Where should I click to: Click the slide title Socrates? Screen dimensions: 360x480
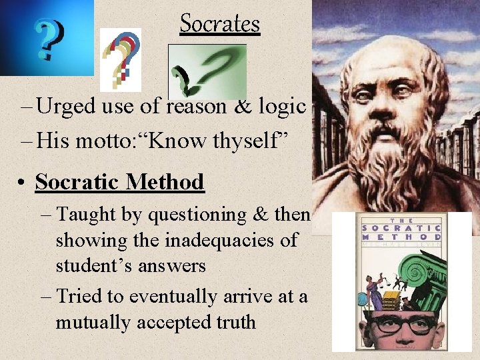[x=219, y=24]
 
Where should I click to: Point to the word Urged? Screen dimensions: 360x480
[x=65, y=106]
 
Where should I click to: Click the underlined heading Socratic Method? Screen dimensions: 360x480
[x=119, y=181]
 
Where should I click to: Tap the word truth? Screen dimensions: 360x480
[x=231, y=322]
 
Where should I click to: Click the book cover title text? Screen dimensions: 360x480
[x=401, y=231]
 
